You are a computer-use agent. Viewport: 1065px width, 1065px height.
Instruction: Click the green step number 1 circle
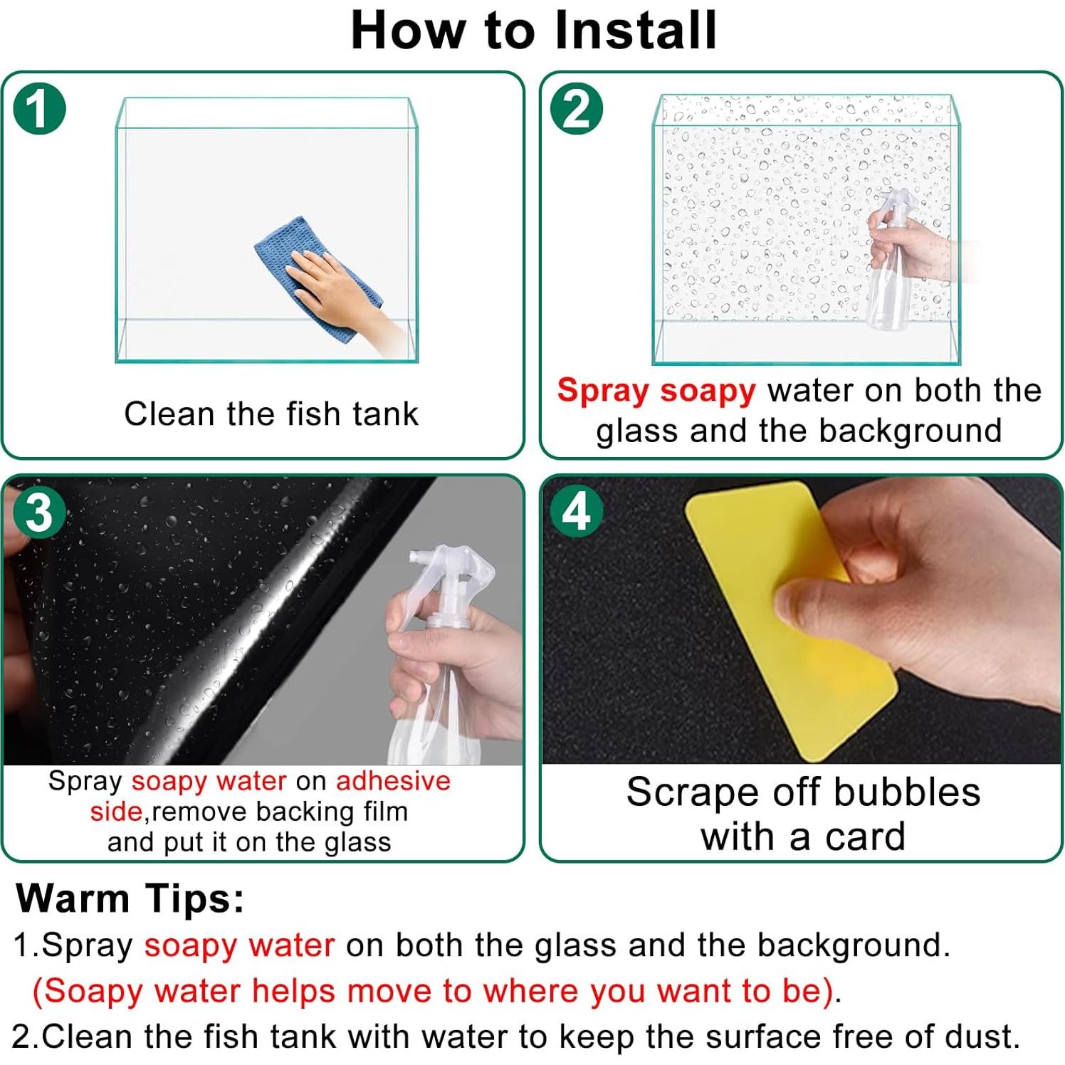point(39,109)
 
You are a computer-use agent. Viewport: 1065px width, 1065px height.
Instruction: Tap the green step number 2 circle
point(577,108)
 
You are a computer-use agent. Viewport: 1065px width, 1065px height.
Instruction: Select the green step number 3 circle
point(40,512)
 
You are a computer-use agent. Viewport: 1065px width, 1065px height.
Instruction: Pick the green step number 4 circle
point(577,511)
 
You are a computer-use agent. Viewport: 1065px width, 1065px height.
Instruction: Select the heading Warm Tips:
point(130,898)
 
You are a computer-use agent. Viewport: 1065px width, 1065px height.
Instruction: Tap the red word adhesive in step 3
point(394,781)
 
